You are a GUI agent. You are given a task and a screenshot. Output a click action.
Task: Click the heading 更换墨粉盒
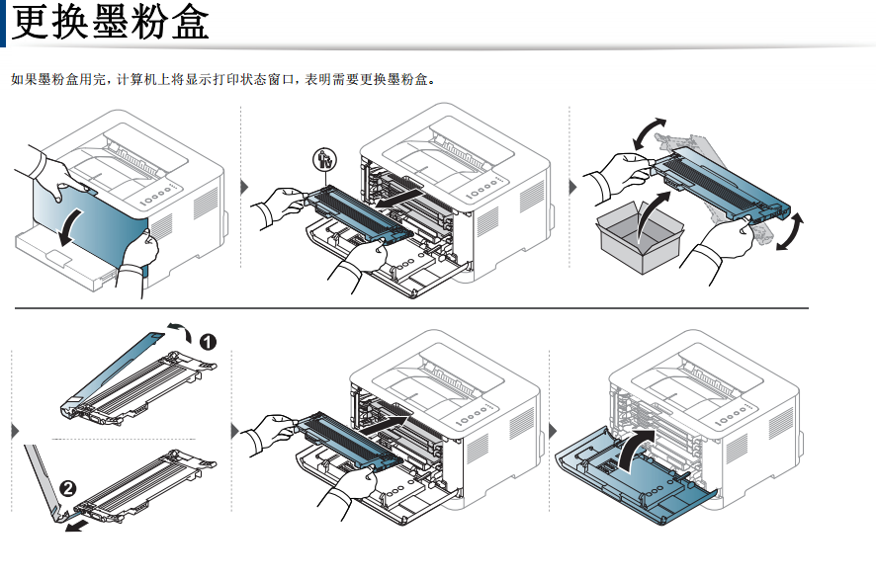pos(111,23)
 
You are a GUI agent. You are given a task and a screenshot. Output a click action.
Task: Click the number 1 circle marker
pos(209,343)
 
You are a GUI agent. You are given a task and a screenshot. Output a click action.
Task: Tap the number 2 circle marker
pos(67,486)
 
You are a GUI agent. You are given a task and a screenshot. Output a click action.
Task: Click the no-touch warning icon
pos(321,158)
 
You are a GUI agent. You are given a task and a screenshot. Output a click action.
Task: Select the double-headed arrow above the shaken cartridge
pos(648,130)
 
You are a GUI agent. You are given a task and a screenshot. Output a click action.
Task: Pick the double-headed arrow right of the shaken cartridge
pos(791,231)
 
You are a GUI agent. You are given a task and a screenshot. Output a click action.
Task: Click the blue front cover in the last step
pos(633,481)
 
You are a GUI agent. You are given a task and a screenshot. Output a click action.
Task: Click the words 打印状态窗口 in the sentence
pos(226,79)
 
